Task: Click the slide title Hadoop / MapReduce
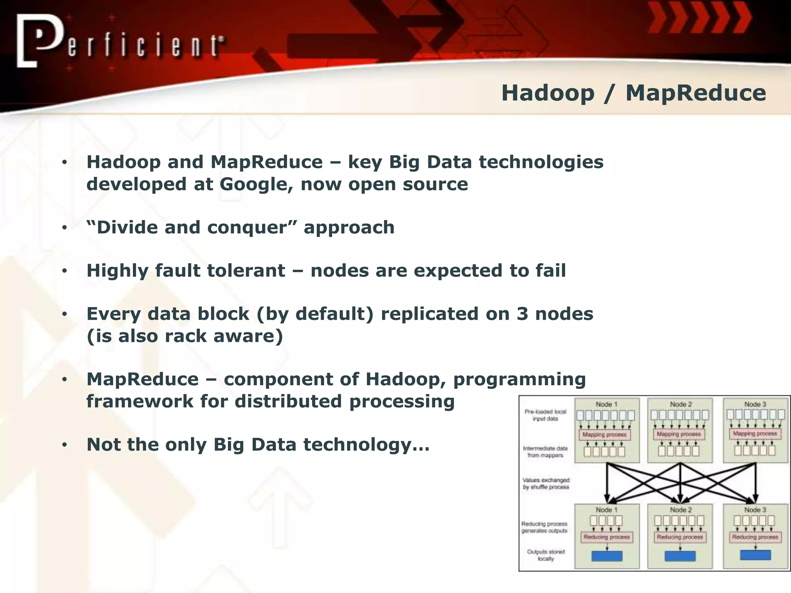pos(633,93)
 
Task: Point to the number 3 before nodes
pos(522,314)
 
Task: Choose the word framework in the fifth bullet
pos(139,401)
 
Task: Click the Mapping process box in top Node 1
pos(604,434)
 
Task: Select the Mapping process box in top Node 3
pos(755,434)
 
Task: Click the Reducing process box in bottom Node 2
pos(680,537)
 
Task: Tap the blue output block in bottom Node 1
pos(607,556)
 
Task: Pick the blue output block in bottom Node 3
pos(755,555)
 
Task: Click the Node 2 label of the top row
pos(681,404)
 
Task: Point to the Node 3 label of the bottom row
pos(755,510)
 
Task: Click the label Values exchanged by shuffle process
pos(546,483)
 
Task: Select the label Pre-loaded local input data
pos(545,415)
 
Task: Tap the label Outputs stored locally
pos(546,555)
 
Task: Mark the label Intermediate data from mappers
pos(545,452)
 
